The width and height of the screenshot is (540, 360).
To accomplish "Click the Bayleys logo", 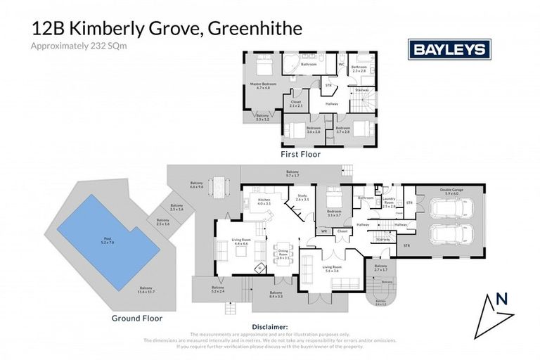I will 449,49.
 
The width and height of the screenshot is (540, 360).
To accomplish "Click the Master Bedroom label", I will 264,86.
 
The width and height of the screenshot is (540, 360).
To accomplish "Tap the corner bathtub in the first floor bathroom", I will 292,64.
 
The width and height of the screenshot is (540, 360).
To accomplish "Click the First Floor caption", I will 301,153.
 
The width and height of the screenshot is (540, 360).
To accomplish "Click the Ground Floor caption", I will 137,318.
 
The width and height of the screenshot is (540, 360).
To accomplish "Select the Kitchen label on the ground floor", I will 264,202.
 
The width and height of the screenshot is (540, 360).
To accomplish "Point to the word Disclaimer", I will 270,327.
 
